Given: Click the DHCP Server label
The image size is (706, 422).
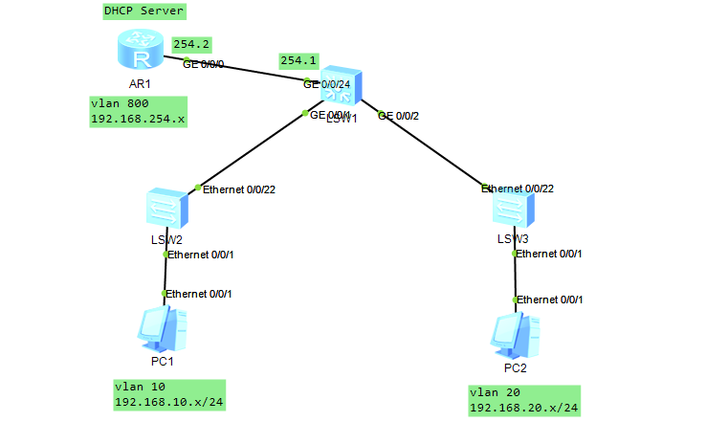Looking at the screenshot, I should click(x=143, y=11).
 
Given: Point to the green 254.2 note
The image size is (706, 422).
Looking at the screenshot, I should click(x=192, y=44).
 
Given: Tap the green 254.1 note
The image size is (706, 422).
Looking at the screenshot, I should click(x=298, y=60).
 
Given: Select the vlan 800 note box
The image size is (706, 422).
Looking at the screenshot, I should click(x=138, y=111).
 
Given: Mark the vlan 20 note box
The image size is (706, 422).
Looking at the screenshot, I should click(x=524, y=400).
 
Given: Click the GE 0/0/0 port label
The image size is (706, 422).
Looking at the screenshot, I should click(x=205, y=64).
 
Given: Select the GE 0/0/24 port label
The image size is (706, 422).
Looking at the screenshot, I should click(x=328, y=83).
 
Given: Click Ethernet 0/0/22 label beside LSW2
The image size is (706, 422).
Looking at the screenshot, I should click(x=239, y=189).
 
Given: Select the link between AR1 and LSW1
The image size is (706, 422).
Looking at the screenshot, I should click(x=249, y=71).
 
